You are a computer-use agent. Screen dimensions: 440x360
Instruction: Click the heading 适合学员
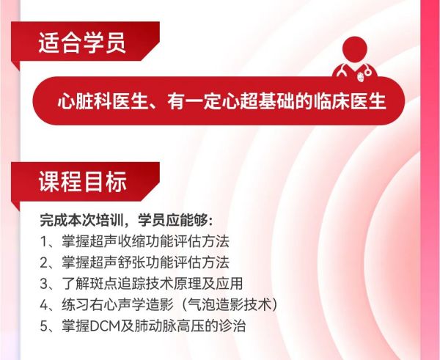(x=82, y=43)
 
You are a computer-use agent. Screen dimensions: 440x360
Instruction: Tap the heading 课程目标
(x=82, y=181)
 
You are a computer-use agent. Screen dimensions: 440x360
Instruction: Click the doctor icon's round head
(x=355, y=49)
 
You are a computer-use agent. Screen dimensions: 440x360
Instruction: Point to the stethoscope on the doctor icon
(x=354, y=71)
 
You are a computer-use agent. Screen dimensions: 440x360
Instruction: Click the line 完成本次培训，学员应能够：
(x=126, y=220)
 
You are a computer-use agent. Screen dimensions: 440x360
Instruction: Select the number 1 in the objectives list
(x=44, y=242)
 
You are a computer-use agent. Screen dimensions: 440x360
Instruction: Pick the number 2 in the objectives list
(x=44, y=262)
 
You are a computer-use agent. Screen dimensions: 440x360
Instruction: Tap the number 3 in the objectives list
(x=44, y=284)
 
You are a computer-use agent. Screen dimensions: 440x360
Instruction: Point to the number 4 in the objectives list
(x=44, y=305)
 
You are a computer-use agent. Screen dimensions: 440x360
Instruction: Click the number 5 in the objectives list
(x=44, y=326)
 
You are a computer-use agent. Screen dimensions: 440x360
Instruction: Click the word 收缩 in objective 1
(x=131, y=241)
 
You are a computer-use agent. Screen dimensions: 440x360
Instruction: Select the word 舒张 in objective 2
(x=131, y=262)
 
